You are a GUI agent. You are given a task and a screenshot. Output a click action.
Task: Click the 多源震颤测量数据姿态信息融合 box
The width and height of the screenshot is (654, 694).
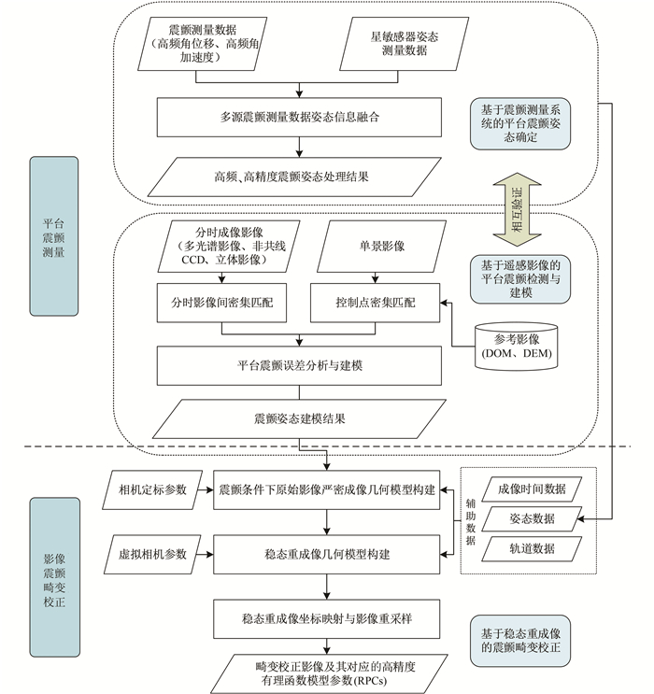click(298, 118)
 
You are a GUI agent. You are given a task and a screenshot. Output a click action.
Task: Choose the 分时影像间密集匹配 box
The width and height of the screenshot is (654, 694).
click(222, 305)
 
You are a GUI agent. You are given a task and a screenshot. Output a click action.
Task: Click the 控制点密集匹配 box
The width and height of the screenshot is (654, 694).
click(375, 305)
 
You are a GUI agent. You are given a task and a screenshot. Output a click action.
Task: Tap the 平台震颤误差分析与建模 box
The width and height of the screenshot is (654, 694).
click(298, 365)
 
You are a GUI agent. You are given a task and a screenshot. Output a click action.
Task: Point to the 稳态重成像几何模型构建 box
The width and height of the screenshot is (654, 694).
click(326, 553)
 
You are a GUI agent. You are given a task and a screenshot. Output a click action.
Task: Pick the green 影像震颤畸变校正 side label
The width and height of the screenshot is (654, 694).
click(53, 578)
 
